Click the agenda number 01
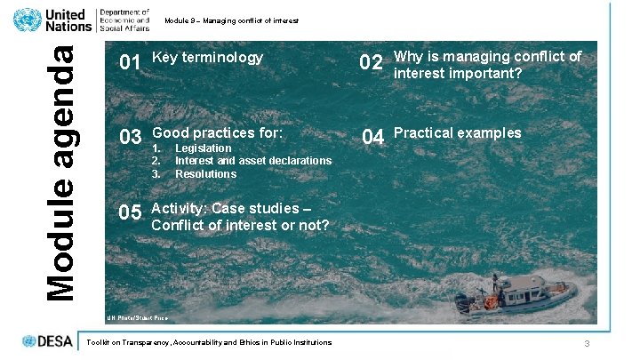131,63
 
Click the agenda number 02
371,63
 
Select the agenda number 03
131,138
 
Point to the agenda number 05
131,213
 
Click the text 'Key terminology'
208,58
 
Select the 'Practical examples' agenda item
458,133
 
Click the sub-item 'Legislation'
204,148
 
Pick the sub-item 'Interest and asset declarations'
253,161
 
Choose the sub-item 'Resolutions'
205,174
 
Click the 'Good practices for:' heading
218,133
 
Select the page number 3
588,343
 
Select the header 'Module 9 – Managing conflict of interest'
231,20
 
